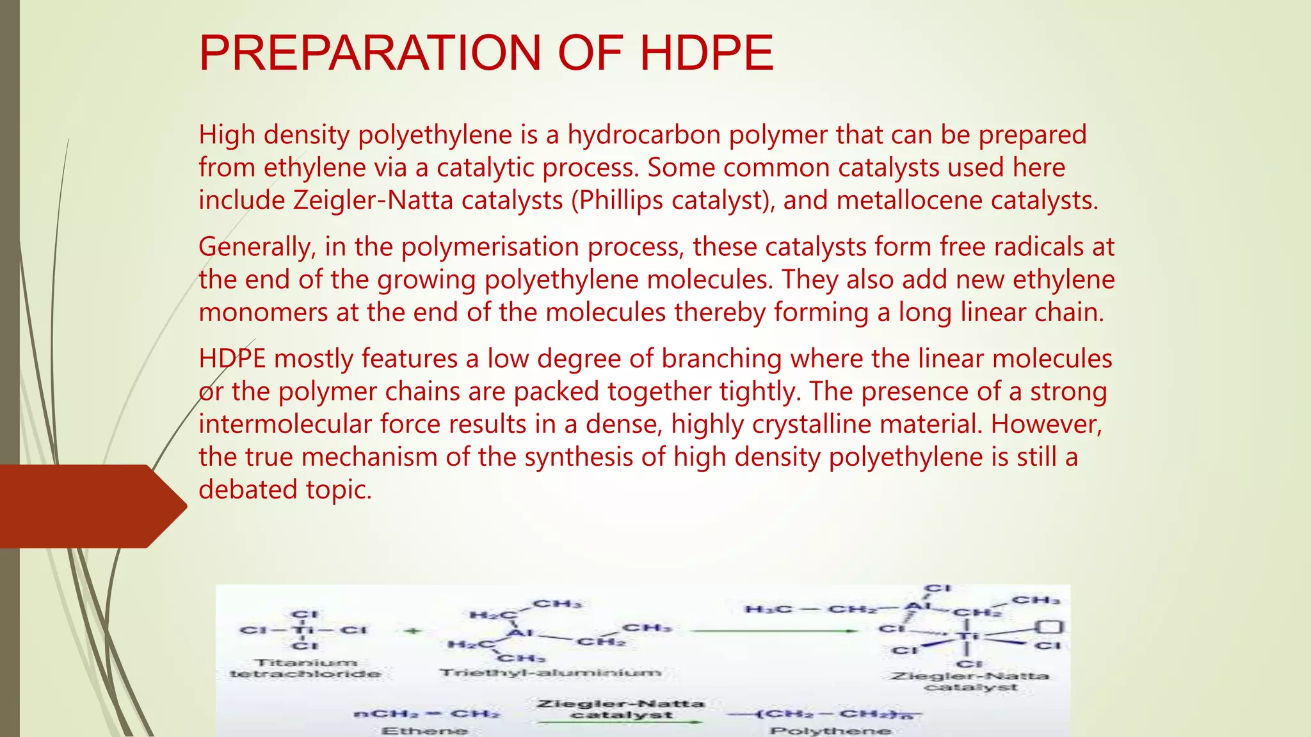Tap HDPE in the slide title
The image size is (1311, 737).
pyautogui.click(x=707, y=52)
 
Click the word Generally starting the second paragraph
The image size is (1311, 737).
pyautogui.click(x=253, y=247)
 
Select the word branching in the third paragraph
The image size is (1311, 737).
pyautogui.click(x=721, y=358)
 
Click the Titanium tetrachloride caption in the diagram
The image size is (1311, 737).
pyautogui.click(x=305, y=668)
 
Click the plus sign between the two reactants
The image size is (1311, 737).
pyautogui.click(x=415, y=631)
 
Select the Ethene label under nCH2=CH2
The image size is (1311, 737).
pyautogui.click(x=424, y=730)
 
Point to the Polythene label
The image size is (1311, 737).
pyautogui.click(x=831, y=730)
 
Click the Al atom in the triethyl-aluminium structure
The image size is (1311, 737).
pyautogui.click(x=520, y=633)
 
